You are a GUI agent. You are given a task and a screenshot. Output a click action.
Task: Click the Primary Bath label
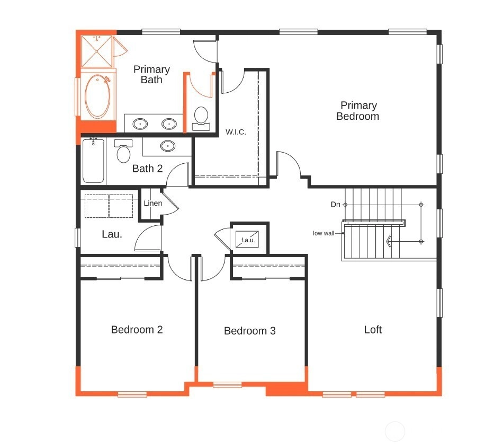pyautogui.click(x=151, y=74)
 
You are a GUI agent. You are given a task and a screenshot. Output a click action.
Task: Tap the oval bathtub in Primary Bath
pyautogui.click(x=97, y=96)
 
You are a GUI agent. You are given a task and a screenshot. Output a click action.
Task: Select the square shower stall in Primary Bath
pyautogui.click(x=97, y=51)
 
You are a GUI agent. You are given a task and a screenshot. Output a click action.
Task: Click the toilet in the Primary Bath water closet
pyautogui.click(x=201, y=118)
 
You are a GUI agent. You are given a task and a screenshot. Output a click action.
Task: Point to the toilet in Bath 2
pyautogui.click(x=123, y=151)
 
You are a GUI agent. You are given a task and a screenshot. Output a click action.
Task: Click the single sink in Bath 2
pyautogui.click(x=168, y=146)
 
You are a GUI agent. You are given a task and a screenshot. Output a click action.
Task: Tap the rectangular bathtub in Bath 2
pyautogui.click(x=93, y=161)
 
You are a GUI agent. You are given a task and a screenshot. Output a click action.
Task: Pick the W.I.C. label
pyautogui.click(x=236, y=132)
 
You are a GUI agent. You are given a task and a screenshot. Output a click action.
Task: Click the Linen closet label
pyautogui.click(x=153, y=203)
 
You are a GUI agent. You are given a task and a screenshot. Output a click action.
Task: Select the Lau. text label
pyautogui.click(x=112, y=234)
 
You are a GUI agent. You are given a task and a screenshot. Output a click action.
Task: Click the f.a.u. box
pyautogui.click(x=247, y=239)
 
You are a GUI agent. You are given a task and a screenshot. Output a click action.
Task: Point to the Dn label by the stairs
pyautogui.click(x=335, y=205)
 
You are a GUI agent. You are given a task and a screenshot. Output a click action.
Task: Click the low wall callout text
pyautogui.click(x=324, y=233)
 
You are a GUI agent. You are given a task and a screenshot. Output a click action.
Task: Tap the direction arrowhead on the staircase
pyautogui.click(x=389, y=241)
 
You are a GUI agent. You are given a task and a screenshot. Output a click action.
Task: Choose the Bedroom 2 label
pyautogui.click(x=137, y=330)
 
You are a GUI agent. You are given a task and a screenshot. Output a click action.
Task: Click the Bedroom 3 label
pyautogui.click(x=249, y=331)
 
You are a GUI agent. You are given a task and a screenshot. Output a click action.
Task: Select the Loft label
pyautogui.click(x=373, y=330)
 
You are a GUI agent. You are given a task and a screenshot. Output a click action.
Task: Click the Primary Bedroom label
pyautogui.click(x=358, y=111)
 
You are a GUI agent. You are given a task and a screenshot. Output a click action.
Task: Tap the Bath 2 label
pyautogui.click(x=147, y=169)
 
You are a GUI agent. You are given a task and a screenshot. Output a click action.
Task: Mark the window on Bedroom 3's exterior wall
pyautogui.click(x=227, y=385)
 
